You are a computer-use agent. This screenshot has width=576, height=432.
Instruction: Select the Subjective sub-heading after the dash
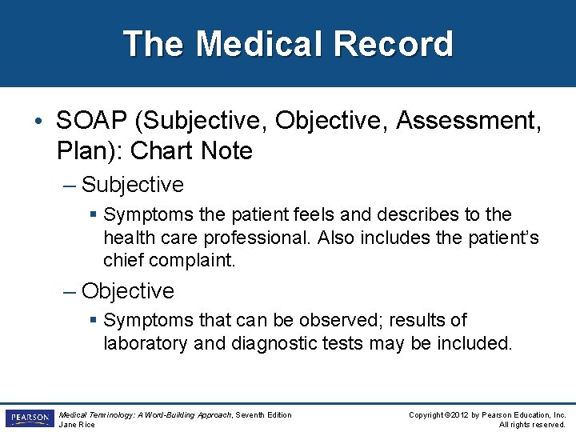(133, 185)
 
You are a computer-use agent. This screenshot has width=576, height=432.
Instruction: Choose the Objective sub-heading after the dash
(128, 290)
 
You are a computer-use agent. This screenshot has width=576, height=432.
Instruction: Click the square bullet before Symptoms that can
(94, 321)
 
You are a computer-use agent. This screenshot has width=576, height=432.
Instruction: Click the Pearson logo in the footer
(29, 418)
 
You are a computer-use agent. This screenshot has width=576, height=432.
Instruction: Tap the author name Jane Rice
(78, 424)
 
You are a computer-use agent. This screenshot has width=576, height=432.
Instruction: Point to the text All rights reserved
(532, 424)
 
